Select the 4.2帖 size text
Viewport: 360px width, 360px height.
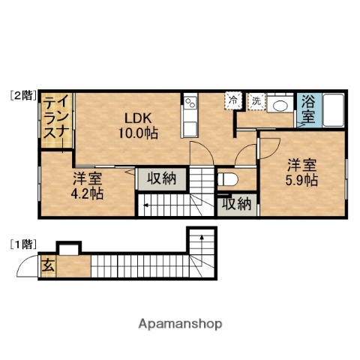point(88,193)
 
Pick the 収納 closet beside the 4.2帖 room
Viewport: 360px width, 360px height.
point(160,178)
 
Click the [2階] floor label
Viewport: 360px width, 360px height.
point(22,95)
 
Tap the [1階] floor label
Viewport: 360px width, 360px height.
point(22,244)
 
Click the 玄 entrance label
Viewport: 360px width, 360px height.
point(47,265)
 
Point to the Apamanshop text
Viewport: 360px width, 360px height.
point(180,324)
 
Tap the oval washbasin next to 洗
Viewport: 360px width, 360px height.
point(283,104)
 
